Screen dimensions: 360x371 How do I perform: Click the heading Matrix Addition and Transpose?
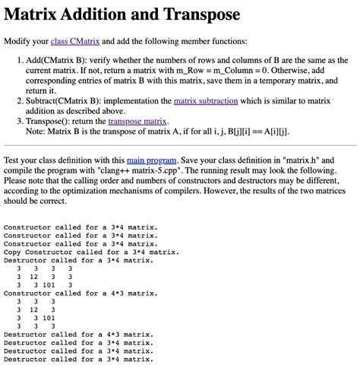tap(122, 14)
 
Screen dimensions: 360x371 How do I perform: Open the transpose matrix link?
tap(137, 121)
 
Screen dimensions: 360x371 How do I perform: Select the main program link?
tap(151, 160)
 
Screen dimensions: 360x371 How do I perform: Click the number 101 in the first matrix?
tap(49, 284)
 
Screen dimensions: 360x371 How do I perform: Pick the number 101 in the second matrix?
tap(49, 319)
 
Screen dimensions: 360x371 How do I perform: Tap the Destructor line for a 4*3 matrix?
tap(78, 335)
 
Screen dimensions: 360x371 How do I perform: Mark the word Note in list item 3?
tap(36, 131)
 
